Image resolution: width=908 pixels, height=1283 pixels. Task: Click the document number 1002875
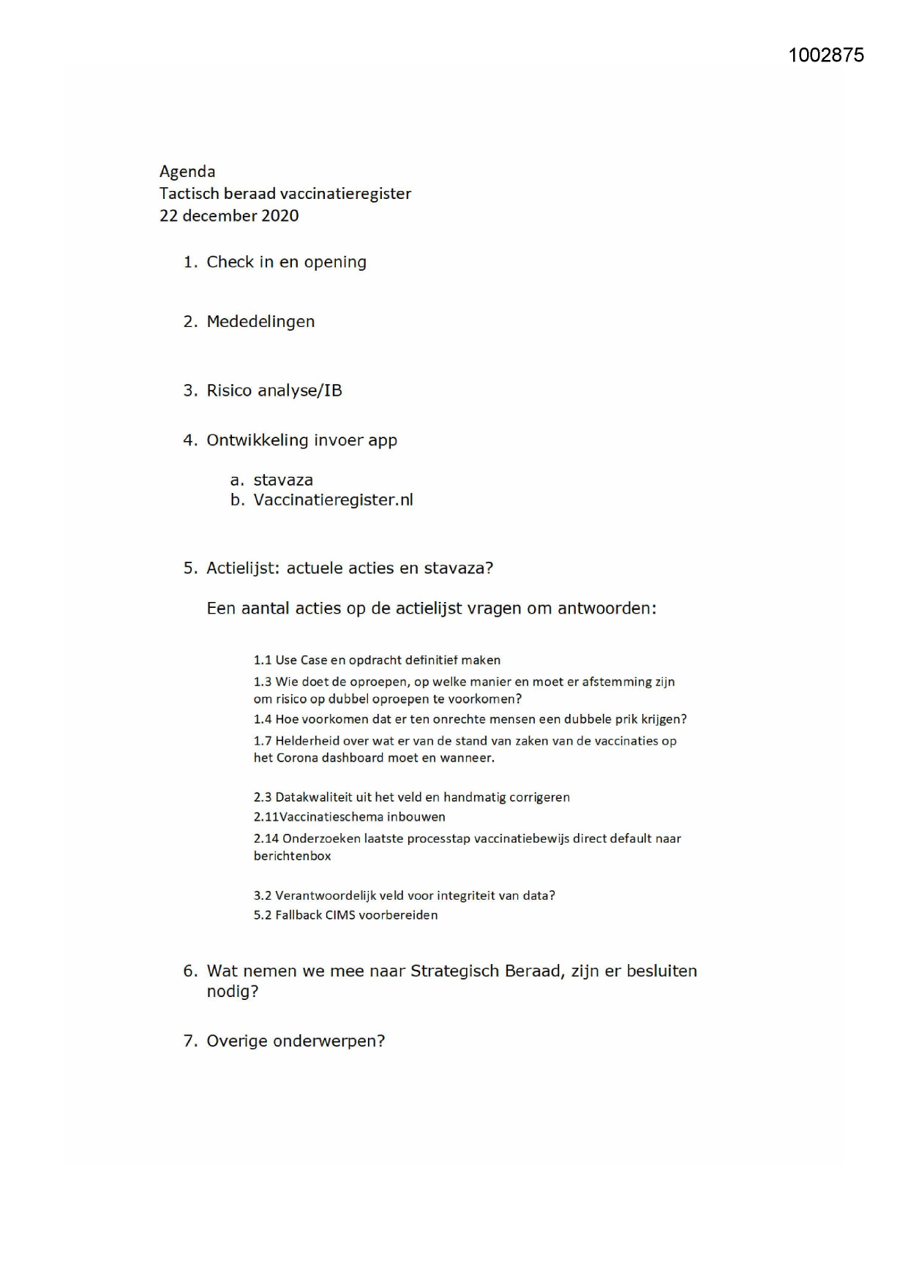[826, 56]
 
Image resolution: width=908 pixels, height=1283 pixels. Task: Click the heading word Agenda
[187, 172]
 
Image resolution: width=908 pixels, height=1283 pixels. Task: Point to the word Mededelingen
[260, 322]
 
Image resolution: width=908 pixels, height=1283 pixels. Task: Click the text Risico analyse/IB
[274, 391]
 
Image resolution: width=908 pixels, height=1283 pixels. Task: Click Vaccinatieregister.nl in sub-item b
[333, 500]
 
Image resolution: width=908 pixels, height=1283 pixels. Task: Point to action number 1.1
[263, 661]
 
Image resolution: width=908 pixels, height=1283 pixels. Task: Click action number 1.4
[263, 720]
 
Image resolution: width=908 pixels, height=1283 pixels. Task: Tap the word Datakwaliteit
[314, 798]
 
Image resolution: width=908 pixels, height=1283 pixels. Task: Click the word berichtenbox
[293, 857]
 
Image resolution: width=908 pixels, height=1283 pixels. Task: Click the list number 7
[190, 1042]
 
